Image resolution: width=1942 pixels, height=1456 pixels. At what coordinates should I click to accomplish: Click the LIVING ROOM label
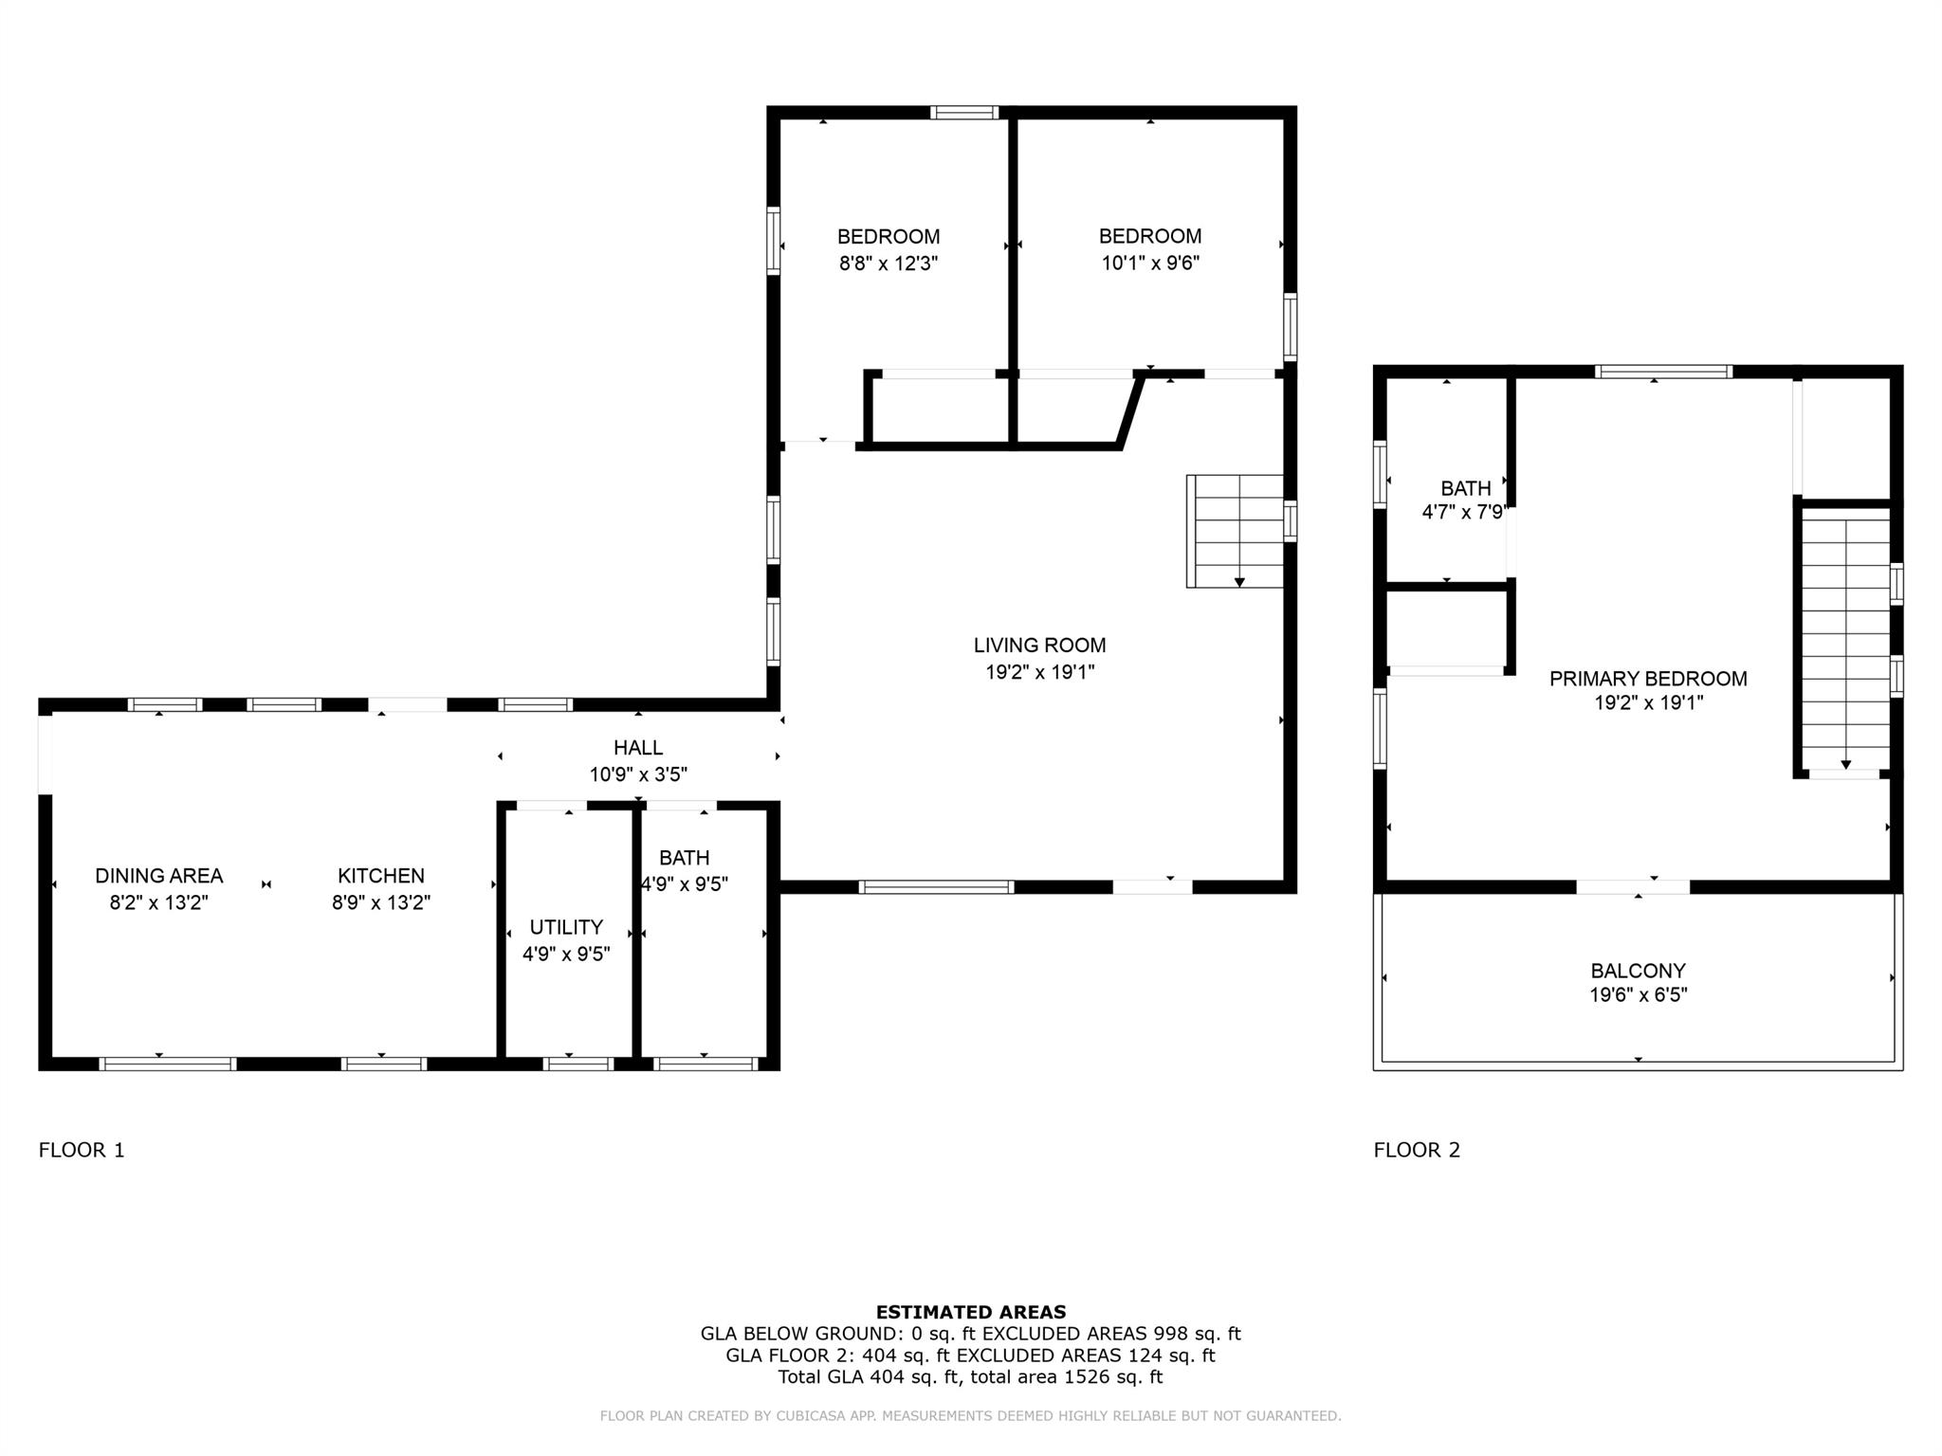1039,646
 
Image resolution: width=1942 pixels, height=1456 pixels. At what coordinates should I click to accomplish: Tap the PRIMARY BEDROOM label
1648,679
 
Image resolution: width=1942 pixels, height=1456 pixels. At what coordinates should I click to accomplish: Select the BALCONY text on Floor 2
1638,971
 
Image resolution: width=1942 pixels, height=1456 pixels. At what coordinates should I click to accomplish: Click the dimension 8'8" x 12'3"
888,264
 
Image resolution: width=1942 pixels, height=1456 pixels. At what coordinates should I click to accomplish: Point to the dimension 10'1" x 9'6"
1150,264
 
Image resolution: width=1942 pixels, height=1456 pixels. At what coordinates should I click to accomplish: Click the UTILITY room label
566,927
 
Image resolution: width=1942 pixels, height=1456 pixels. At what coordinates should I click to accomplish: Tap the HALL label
637,748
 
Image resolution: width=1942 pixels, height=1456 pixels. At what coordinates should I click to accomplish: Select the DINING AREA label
158,876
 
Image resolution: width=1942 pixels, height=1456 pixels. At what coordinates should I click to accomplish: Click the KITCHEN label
380,876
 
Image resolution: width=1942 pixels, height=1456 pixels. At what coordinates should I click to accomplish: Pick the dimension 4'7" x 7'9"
1464,513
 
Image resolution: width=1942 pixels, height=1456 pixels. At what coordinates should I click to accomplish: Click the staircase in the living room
1236,531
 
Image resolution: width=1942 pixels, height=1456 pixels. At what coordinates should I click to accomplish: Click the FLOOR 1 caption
82,1150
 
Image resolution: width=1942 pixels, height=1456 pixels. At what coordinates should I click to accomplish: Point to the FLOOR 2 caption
1417,1150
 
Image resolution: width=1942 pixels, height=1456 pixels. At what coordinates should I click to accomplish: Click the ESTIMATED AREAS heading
970,1312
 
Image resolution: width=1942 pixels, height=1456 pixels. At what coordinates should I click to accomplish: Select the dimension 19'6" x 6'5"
1638,995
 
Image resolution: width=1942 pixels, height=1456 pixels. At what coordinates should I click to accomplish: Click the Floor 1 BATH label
684,858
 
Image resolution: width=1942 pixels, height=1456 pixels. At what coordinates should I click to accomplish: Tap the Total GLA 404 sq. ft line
970,1376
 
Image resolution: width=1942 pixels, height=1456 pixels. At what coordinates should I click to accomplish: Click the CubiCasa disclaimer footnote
970,1416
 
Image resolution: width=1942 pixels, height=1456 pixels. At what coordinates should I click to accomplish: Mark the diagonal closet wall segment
1130,410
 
